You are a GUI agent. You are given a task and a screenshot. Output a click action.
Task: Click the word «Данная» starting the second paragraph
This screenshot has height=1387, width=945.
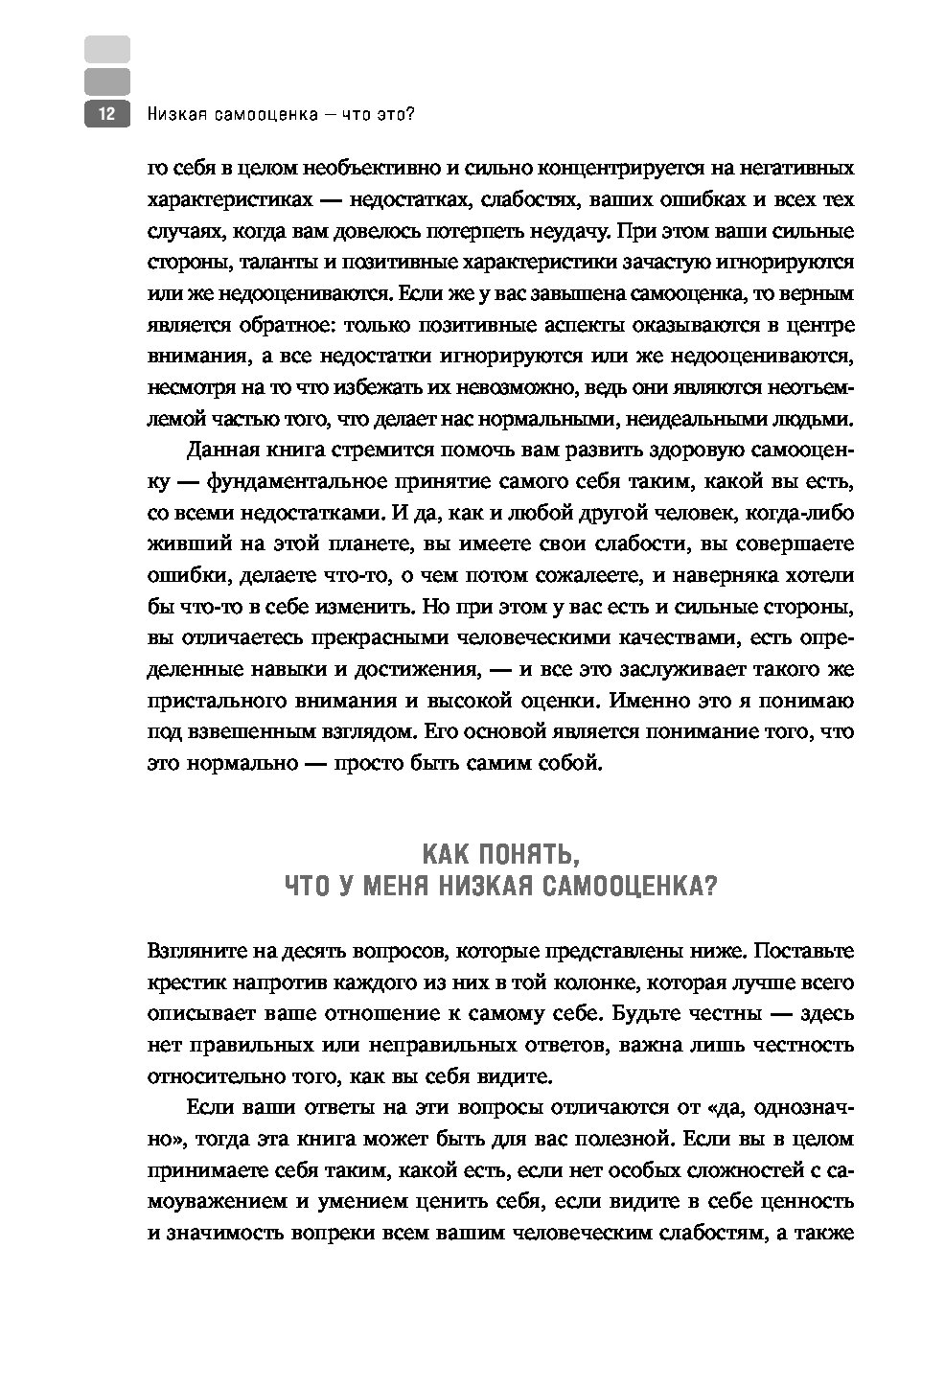pyautogui.click(x=222, y=450)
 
